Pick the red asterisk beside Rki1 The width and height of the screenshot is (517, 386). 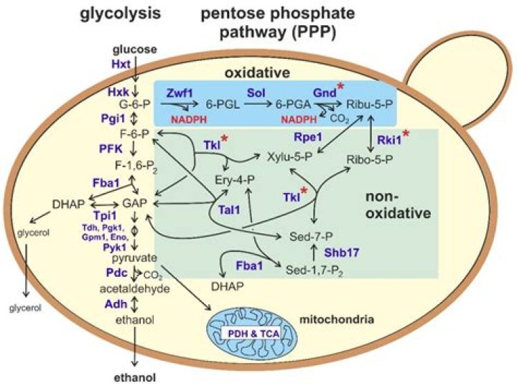[x=406, y=134]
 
